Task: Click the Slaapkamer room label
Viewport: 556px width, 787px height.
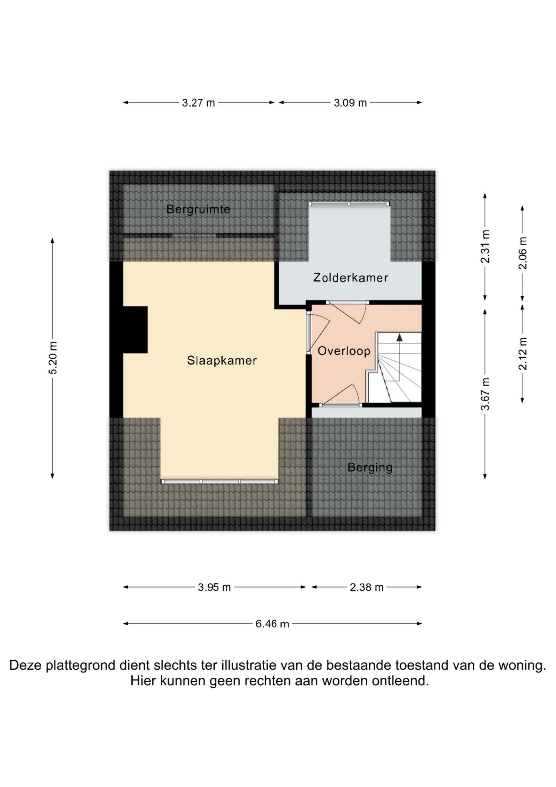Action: (x=222, y=361)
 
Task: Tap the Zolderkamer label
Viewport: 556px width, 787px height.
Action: (x=351, y=277)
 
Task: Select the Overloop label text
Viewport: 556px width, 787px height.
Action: (x=344, y=351)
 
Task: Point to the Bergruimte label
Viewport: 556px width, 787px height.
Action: (x=198, y=209)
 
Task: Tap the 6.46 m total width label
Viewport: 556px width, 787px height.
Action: (x=272, y=624)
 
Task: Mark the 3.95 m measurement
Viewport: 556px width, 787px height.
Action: (x=214, y=588)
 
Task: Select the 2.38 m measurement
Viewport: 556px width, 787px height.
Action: (x=367, y=588)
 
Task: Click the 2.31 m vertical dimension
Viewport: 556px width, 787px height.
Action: (x=485, y=246)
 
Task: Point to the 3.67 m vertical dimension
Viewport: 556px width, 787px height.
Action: (x=485, y=394)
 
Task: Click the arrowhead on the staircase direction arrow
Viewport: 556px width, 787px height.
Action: (x=399, y=337)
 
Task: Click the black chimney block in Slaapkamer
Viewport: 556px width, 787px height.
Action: (x=135, y=330)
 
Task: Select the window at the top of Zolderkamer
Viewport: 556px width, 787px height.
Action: (x=349, y=204)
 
